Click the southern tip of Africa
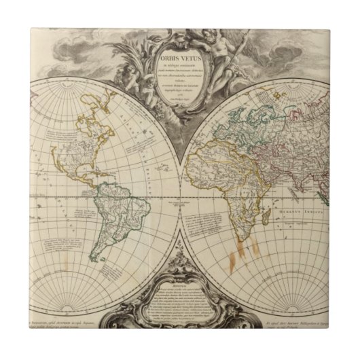239,232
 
